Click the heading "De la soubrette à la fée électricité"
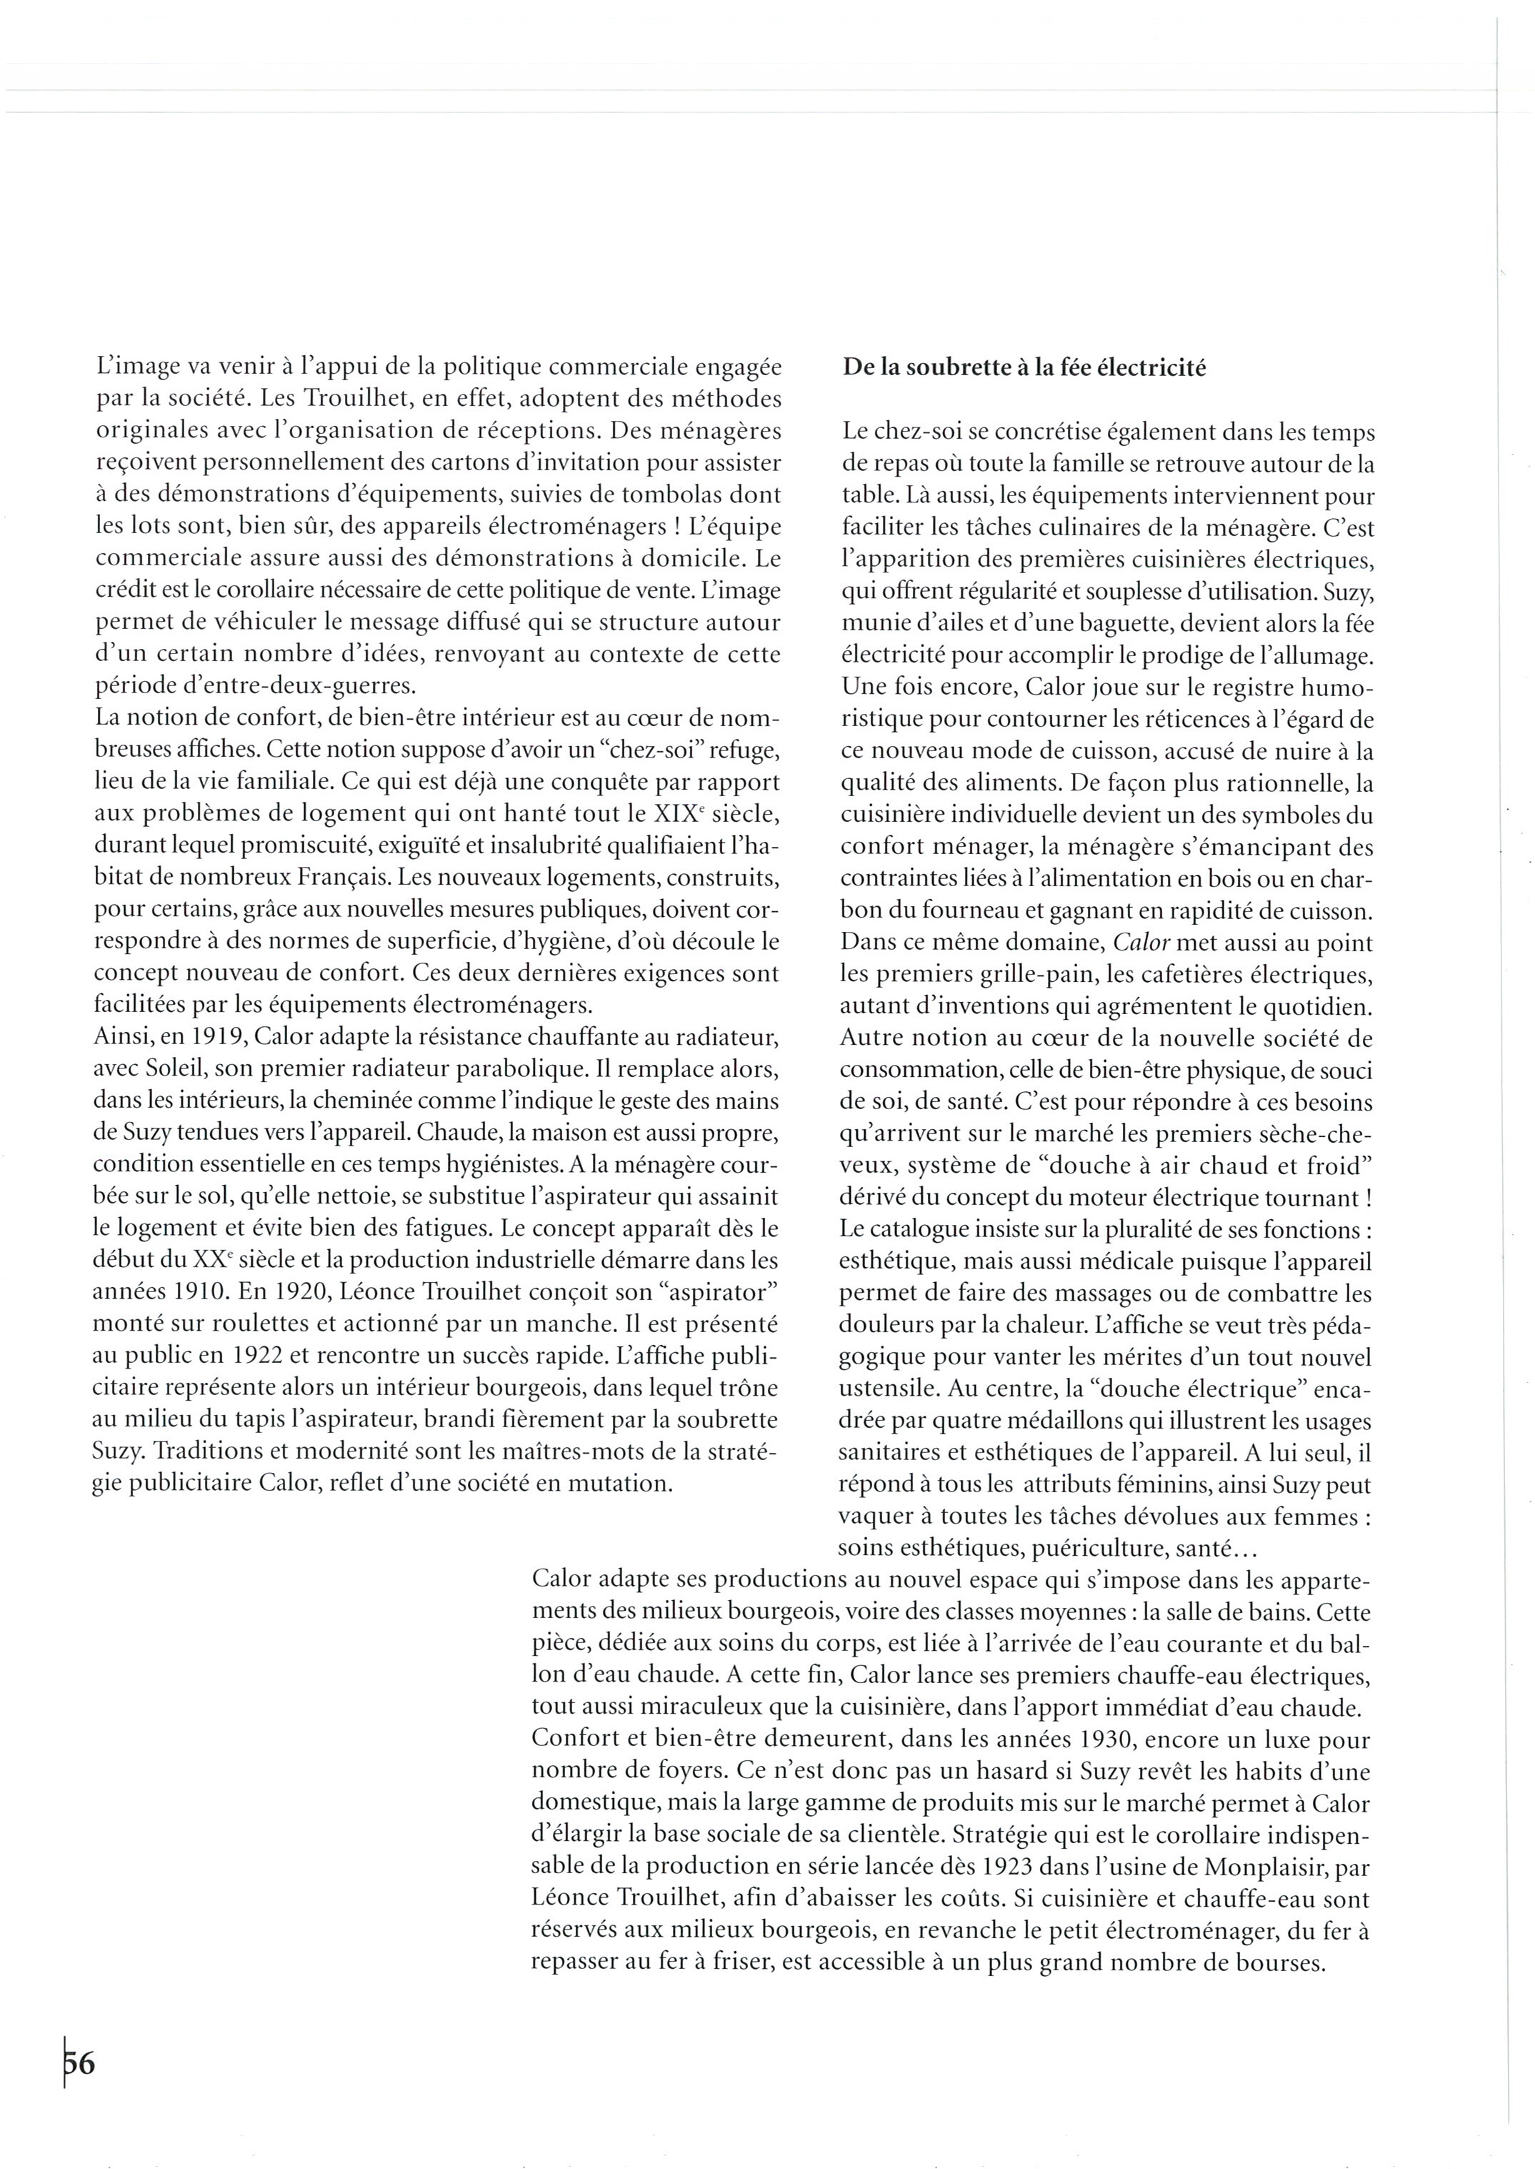click(x=1024, y=368)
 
